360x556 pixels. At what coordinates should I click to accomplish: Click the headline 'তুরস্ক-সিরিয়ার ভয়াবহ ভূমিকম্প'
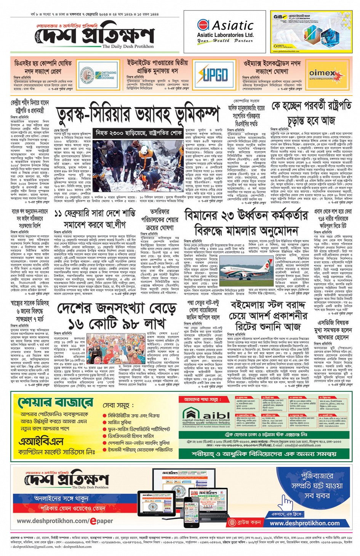138,114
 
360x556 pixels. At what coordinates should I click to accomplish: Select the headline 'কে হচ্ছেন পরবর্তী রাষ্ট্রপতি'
311,106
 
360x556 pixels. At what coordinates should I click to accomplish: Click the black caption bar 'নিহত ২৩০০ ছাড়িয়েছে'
138,133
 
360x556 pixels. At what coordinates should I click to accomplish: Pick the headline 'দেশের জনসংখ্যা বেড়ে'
117,308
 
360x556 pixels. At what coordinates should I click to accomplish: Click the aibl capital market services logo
206,418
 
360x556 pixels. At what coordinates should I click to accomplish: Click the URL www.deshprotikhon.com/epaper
65,521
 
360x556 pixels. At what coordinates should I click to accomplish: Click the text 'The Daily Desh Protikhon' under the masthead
128,46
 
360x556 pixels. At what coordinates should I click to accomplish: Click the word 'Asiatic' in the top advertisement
232,26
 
